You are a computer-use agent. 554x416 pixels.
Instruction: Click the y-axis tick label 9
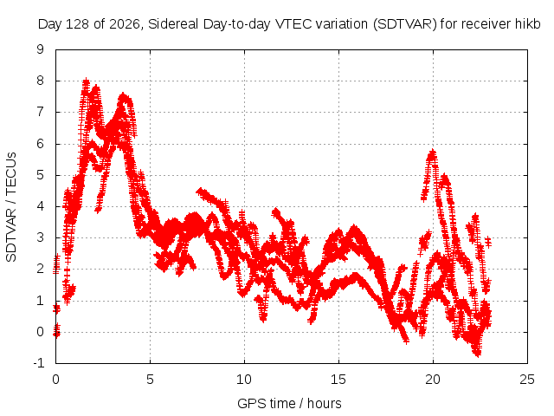[40, 49]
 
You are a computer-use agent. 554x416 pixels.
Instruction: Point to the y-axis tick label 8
[40, 81]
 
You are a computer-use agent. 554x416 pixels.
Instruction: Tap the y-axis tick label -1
[38, 362]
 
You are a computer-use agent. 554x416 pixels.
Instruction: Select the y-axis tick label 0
[40, 332]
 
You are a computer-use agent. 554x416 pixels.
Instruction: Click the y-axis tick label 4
[40, 206]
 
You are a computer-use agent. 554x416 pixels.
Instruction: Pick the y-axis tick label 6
[40, 144]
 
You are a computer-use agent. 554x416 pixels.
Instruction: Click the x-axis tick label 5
[150, 380]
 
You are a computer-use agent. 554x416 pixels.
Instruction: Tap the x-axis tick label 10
[244, 380]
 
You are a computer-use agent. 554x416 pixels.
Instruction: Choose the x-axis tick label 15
[338, 380]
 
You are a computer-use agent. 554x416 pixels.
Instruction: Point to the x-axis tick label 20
[433, 380]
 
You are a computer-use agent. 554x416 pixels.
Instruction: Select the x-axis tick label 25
[527, 380]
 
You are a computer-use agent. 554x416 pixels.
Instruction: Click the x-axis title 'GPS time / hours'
[289, 404]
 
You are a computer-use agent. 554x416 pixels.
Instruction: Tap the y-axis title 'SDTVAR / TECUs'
[11, 207]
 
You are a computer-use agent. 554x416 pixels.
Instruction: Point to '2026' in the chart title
[125, 24]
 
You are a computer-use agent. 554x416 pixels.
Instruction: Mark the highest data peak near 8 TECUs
[86, 81]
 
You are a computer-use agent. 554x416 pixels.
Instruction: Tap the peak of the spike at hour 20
[433, 153]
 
